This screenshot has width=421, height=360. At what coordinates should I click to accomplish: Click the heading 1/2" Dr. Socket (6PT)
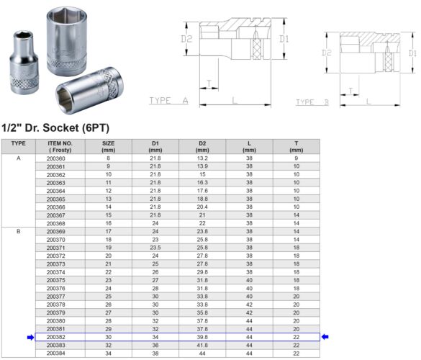tap(65, 127)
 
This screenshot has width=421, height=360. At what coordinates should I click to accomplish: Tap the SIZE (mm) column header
tap(109, 145)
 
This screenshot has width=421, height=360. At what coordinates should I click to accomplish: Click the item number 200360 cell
tap(55, 158)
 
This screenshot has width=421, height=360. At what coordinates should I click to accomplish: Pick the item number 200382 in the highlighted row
tap(55, 336)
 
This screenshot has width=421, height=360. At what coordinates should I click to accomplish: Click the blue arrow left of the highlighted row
tap(30, 336)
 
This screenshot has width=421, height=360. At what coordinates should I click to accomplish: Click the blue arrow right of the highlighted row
tap(326, 336)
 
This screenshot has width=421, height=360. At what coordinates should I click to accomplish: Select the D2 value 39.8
tap(202, 336)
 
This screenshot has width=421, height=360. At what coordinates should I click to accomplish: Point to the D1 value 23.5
tap(155, 247)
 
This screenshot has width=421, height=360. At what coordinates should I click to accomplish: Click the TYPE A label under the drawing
tap(168, 101)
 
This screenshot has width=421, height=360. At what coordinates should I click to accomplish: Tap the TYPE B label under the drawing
tap(312, 102)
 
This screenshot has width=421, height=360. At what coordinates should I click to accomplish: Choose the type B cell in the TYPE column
tap(18, 232)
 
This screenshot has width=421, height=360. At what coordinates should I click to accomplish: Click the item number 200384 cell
tap(55, 354)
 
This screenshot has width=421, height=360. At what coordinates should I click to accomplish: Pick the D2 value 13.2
tap(202, 158)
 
